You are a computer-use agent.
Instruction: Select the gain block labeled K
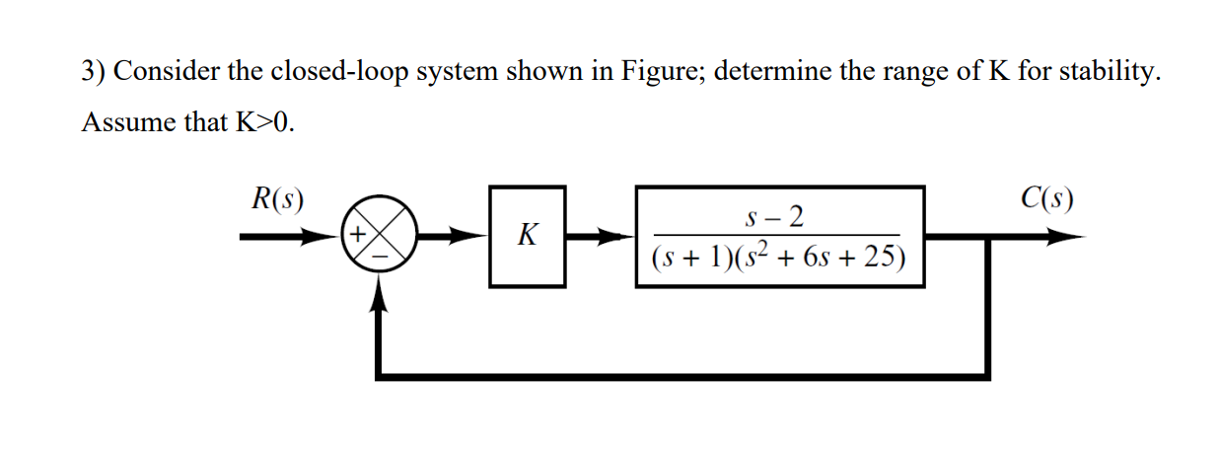tap(528, 237)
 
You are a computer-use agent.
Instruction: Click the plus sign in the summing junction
tap(359, 235)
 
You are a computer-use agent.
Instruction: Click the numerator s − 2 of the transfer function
tap(778, 215)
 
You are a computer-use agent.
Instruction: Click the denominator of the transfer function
tap(778, 258)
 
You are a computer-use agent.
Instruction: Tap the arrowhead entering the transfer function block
tap(619, 237)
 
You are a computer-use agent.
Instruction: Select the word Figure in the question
tap(651, 73)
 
